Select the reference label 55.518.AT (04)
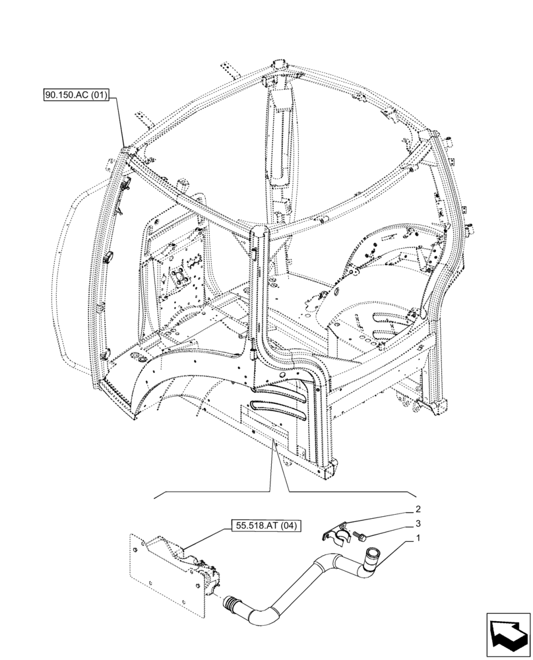point(265,526)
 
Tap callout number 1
point(418,539)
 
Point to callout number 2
point(418,510)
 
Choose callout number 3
point(418,524)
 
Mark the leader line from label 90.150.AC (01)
point(122,122)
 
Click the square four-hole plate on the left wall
point(179,277)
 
